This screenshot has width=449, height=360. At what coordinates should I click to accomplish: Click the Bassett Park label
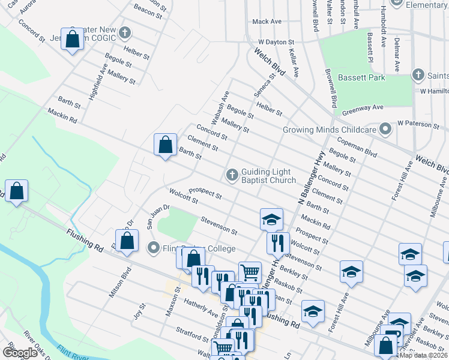pos(362,77)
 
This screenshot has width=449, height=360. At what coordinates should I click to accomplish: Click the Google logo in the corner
pos(20,352)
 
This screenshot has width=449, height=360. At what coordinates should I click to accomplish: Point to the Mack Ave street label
pos(267,22)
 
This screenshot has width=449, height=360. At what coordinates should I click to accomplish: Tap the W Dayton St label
pos(275,42)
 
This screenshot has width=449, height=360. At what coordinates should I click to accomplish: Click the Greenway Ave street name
pos(363,107)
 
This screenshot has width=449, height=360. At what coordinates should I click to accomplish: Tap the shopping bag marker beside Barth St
pos(165,145)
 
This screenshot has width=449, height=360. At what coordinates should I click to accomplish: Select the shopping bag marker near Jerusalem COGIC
pos(72,40)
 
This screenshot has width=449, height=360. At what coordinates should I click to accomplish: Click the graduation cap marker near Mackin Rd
pos(271,220)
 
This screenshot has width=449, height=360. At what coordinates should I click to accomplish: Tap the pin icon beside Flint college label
pos(153,247)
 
